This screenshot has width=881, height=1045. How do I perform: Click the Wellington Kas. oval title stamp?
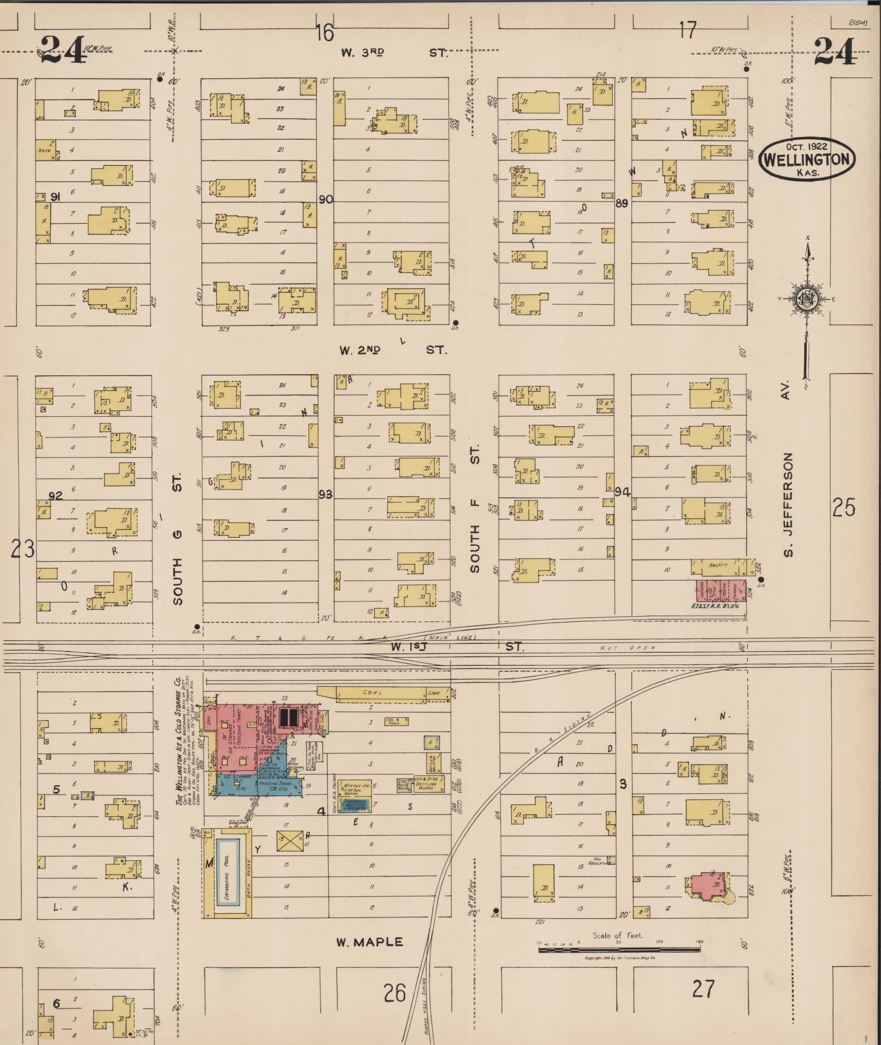(x=807, y=158)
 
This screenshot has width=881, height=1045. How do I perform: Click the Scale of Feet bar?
(x=618, y=949)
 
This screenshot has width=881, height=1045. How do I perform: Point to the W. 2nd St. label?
(x=392, y=350)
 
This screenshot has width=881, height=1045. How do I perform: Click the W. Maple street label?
(x=369, y=942)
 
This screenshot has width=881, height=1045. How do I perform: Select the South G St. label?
(x=177, y=541)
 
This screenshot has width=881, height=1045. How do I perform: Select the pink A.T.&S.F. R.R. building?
(x=721, y=593)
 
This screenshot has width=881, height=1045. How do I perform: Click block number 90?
(x=326, y=199)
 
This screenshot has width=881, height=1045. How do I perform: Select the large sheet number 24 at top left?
(x=63, y=50)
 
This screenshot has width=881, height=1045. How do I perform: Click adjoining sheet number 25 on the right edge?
(x=843, y=508)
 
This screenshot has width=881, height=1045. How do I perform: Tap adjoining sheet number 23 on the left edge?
(x=23, y=548)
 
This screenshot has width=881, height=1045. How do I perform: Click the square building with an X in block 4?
(x=289, y=841)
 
